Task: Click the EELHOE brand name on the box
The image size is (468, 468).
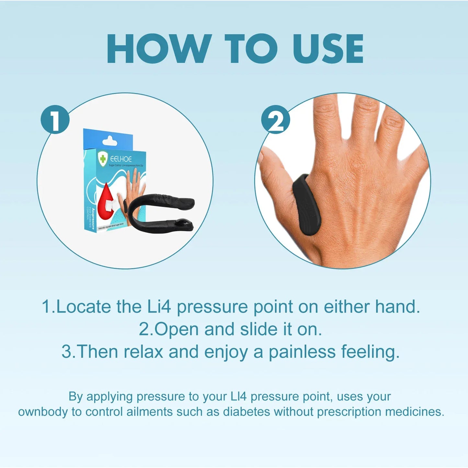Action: point(121,159)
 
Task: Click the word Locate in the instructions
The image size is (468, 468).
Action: point(83,306)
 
